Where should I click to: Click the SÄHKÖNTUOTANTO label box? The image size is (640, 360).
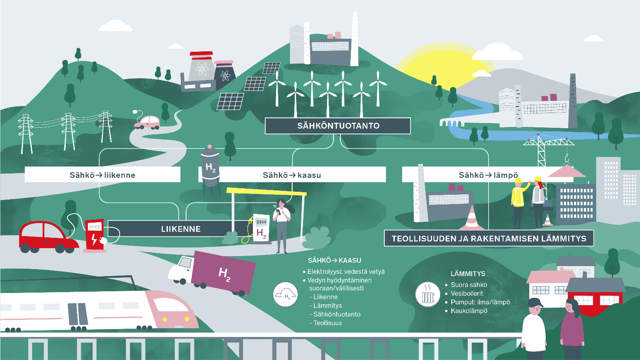(x=338, y=126)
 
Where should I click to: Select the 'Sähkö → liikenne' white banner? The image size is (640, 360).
(x=103, y=175)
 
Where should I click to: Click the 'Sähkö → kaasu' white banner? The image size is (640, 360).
(x=292, y=175)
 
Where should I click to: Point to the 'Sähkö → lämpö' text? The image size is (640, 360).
(x=488, y=175)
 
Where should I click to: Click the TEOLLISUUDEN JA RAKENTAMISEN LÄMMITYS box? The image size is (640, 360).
(x=489, y=238)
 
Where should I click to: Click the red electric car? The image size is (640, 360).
(x=48, y=237)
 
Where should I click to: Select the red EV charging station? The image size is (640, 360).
(x=95, y=235)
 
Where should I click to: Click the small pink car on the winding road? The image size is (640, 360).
(x=147, y=122)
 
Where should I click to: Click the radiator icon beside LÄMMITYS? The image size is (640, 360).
(x=428, y=295)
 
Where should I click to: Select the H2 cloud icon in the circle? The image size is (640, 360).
(x=285, y=295)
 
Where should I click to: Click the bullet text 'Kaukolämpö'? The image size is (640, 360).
(x=469, y=311)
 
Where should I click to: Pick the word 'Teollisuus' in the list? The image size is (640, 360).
(x=327, y=323)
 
